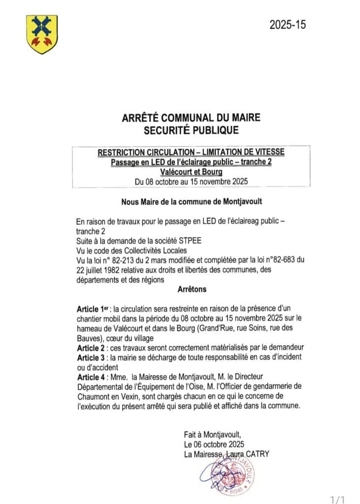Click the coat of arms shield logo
click(42, 34)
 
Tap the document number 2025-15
click(288, 25)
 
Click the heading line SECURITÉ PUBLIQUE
click(191, 130)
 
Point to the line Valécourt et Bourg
click(191, 172)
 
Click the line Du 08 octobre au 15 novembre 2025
click(191, 181)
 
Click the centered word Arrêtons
click(191, 289)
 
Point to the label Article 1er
click(94, 309)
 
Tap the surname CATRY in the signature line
click(257, 454)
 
